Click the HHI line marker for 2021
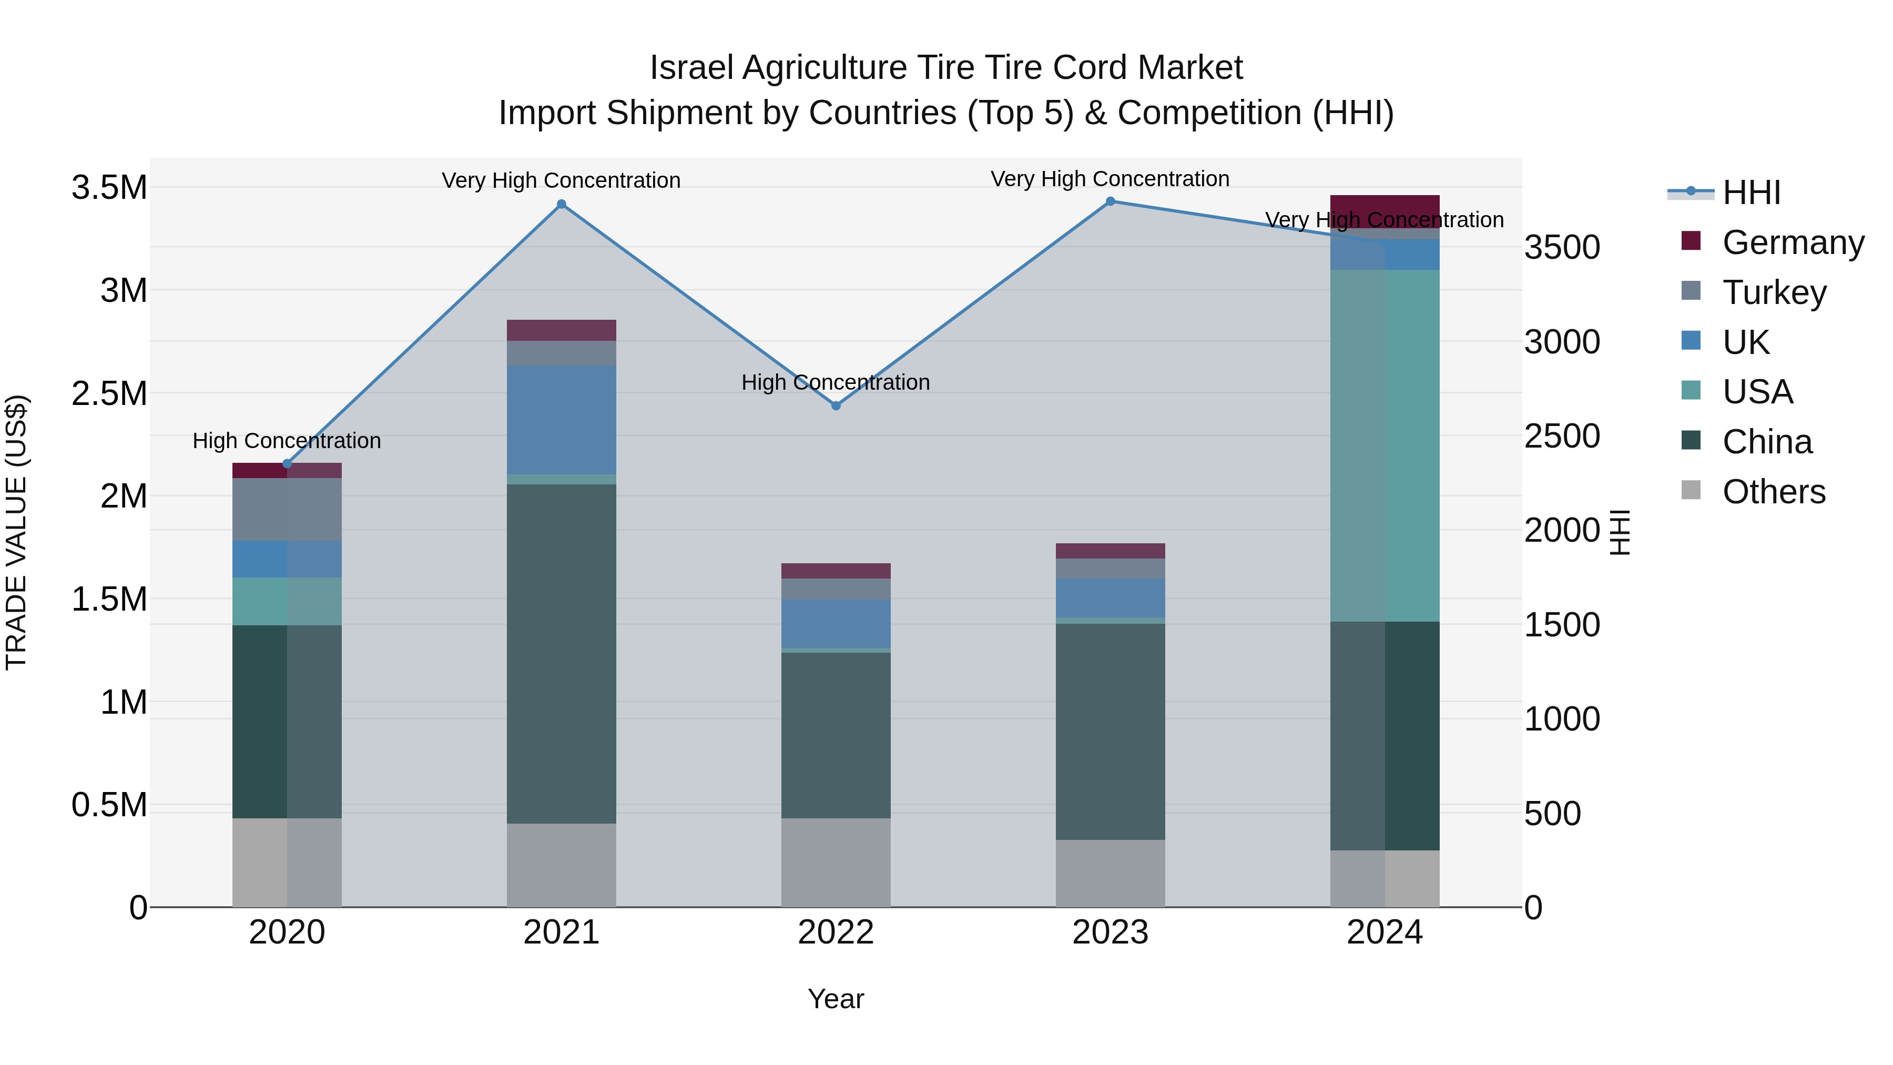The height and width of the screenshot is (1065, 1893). [x=562, y=205]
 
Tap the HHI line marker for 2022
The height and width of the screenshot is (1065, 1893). [x=836, y=405]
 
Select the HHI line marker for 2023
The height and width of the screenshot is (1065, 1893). [x=1111, y=201]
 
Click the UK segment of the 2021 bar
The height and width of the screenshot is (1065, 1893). [x=562, y=420]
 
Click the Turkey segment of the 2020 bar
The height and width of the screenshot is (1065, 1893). [x=287, y=509]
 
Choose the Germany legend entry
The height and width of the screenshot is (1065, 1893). [x=1793, y=242]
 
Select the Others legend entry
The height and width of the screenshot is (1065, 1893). [x=1773, y=492]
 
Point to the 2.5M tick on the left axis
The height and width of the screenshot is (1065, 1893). [x=109, y=394]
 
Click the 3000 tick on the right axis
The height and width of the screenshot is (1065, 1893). [x=1562, y=342]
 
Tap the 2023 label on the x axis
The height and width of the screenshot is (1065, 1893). [x=1111, y=932]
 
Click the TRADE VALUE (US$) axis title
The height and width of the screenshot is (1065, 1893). [x=16, y=532]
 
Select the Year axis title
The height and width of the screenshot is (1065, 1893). [x=836, y=999]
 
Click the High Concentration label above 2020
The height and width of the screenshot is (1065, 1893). [x=287, y=441]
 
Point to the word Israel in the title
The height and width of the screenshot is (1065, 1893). [x=691, y=68]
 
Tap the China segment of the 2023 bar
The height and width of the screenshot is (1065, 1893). [x=1111, y=732]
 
